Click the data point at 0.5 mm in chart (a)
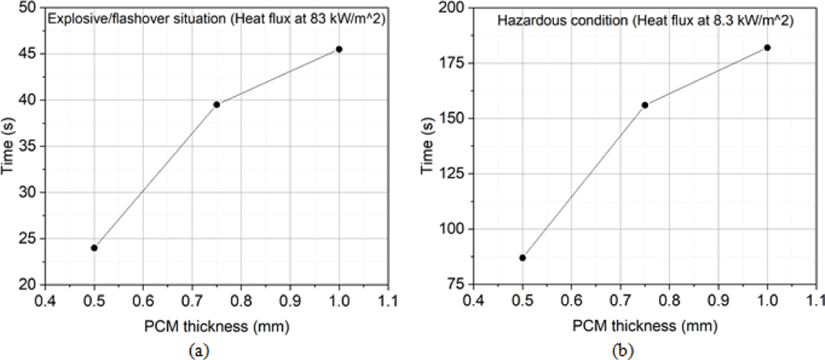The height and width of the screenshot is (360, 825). [94, 248]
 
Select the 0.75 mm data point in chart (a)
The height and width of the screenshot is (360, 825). [217, 105]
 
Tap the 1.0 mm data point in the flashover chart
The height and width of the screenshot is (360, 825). [339, 49]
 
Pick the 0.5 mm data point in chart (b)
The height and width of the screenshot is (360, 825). [522, 258]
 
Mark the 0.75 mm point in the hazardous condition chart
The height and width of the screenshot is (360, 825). [645, 105]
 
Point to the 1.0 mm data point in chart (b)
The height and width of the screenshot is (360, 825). [767, 48]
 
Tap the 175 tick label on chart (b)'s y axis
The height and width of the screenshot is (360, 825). [451, 63]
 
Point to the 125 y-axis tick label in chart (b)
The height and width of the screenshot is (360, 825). [451, 174]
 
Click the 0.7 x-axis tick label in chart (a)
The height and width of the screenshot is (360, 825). [192, 301]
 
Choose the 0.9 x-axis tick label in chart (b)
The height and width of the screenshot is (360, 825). [718, 300]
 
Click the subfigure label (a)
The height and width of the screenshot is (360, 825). [199, 351]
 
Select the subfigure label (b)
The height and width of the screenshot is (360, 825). [623, 351]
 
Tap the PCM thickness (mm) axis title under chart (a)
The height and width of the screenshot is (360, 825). [217, 327]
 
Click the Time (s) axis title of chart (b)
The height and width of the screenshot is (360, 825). [427, 146]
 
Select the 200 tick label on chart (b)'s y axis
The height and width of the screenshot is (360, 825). [451, 8]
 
